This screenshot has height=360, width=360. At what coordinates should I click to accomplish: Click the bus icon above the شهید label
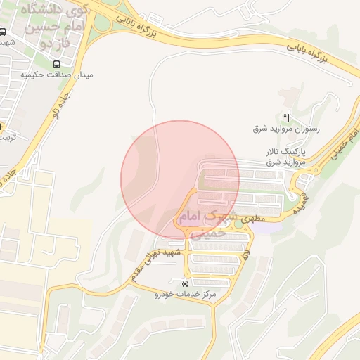pyautogui.click(x=3, y=32)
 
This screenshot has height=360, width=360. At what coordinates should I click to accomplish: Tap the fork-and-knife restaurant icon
pyautogui.click(x=286, y=117)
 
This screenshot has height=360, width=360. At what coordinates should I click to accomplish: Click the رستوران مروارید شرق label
pyautogui.click(x=287, y=129)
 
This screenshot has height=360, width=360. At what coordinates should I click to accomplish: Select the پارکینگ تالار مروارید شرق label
pyautogui.click(x=286, y=157)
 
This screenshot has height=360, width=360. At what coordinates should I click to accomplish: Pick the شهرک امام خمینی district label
pyautogui.click(x=204, y=223)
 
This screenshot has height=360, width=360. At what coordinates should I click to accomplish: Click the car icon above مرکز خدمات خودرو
pyautogui.click(x=185, y=283)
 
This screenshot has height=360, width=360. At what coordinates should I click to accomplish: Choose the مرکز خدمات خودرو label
pyautogui.click(x=184, y=295)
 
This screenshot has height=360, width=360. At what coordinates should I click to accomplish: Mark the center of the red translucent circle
pyautogui.click(x=180, y=180)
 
